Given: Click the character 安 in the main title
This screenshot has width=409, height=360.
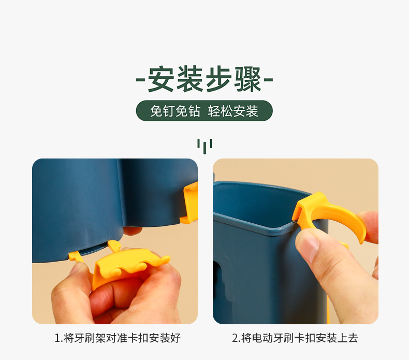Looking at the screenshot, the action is tap(161, 79).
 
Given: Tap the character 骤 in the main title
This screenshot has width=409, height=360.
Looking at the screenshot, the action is tap(248, 79).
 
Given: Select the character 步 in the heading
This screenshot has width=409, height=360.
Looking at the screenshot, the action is tap(219, 79).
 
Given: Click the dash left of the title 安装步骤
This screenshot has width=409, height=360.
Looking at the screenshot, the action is tap(140, 79).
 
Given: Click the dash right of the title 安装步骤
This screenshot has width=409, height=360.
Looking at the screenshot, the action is tap(269, 79).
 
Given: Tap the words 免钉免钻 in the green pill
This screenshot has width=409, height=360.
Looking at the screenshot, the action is tap(175, 111).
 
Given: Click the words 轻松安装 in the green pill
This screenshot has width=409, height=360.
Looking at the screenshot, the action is tap(233, 111).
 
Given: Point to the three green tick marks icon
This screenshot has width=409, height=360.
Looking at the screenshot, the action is tap(204, 146).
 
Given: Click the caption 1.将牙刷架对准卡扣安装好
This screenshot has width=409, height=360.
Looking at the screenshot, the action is tap(118, 338).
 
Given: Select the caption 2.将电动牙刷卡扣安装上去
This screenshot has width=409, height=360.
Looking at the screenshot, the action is tap(295, 338).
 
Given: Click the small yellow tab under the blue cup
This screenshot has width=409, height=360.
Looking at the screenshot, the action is tap(75, 256).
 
